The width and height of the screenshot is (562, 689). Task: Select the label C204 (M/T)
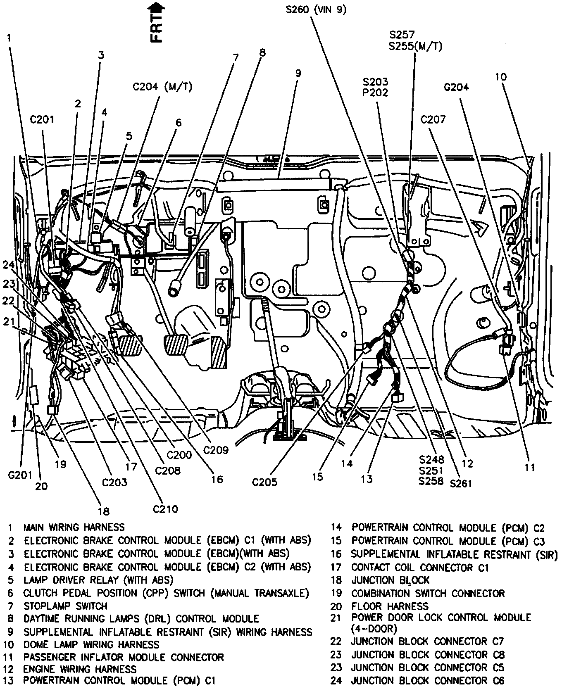[x=162, y=87]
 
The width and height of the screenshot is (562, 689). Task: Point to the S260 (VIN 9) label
[x=316, y=10]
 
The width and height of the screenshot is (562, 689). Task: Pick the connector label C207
[x=433, y=120]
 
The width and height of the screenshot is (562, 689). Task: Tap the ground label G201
[x=20, y=475]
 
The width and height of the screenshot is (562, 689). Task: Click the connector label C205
[x=265, y=482]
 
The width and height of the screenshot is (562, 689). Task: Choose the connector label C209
[x=216, y=449]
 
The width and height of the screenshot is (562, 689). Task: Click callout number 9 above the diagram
[x=298, y=73]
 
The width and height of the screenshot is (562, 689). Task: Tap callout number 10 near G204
[x=500, y=77]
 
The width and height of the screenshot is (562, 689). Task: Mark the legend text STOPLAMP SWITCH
[x=65, y=606]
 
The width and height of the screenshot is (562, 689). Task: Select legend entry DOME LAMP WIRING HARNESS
[x=91, y=644]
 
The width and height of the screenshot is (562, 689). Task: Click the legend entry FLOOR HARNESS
[x=390, y=606]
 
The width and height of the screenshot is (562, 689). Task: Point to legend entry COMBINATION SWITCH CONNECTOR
[x=428, y=593]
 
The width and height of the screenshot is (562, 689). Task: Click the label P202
[x=375, y=93]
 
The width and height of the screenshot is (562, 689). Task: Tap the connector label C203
[x=115, y=482]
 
